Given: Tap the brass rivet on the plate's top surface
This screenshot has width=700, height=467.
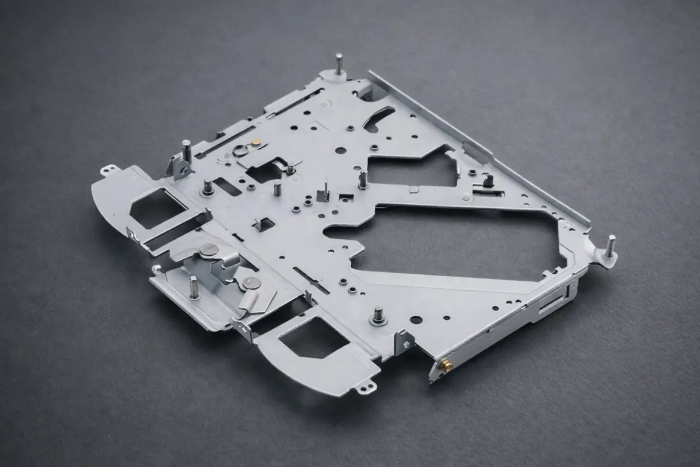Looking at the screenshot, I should click(257, 142).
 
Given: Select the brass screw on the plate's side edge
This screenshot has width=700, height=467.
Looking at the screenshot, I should click(447, 364).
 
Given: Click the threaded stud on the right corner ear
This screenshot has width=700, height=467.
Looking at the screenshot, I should click(611, 245).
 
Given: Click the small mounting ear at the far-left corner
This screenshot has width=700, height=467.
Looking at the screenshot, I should click(107, 170).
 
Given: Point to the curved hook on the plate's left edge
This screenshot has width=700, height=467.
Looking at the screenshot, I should click(156, 269).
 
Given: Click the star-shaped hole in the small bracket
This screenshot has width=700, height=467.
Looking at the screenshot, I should click(404, 344).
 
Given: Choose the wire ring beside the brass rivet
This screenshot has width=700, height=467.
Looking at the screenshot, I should click(241, 151).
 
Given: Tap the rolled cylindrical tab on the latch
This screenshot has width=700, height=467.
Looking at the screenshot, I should click(249, 302).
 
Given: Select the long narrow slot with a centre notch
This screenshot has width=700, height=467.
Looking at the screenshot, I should click(312, 280).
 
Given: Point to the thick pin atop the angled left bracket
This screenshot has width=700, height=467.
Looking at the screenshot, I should click(186, 149).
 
